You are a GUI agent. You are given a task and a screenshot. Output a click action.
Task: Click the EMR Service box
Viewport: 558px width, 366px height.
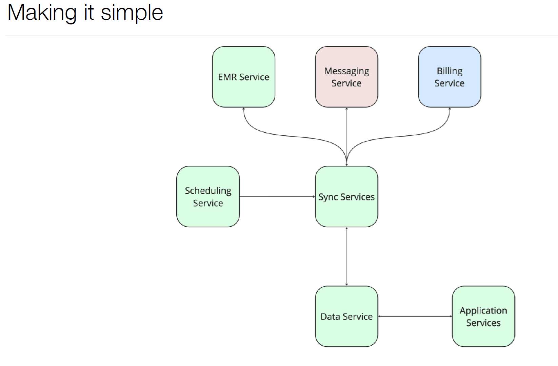click(244, 77)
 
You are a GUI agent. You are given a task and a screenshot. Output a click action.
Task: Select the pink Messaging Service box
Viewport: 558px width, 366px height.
click(346, 77)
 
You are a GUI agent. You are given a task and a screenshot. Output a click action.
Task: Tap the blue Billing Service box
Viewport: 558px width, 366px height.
click(450, 77)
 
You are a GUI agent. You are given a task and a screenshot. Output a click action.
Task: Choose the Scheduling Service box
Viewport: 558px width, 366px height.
click(208, 196)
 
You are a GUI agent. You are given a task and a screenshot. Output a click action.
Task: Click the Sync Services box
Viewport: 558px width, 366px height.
click(346, 196)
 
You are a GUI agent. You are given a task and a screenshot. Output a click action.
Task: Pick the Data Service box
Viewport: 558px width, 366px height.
click(346, 316)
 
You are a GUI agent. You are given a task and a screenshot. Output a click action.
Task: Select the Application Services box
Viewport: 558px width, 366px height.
click(483, 316)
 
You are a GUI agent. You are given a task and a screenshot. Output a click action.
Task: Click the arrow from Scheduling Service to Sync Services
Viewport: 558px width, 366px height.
click(277, 196)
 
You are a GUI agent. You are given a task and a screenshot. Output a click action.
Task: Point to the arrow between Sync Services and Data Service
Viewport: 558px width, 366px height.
click(346, 256)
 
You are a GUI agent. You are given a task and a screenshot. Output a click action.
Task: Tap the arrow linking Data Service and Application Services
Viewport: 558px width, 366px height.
click(415, 316)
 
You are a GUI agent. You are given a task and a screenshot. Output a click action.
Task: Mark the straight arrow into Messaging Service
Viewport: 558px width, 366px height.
click(346, 137)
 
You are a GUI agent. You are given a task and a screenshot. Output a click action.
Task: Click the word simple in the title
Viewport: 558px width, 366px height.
click(132, 13)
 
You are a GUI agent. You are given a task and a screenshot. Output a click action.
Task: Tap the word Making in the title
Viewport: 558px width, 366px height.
click(42, 13)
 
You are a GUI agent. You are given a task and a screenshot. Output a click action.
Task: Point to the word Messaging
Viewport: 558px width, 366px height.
click(346, 71)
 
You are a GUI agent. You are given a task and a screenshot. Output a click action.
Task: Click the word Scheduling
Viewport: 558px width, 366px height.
click(208, 191)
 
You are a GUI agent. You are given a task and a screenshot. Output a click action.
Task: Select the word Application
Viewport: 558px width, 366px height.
click(483, 311)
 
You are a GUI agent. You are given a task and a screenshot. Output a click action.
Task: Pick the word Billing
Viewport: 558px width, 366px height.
click(450, 71)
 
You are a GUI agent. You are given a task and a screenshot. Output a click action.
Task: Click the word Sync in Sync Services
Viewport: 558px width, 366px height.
click(328, 197)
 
